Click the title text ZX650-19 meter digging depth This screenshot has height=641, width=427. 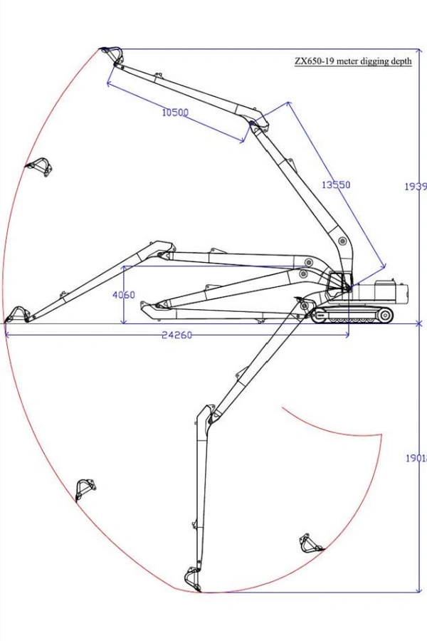(x=353, y=61)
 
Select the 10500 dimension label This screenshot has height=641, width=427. (x=174, y=112)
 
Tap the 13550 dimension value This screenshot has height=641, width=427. (x=336, y=184)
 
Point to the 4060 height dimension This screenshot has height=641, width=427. (x=123, y=295)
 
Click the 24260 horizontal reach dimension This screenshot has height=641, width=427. (x=176, y=335)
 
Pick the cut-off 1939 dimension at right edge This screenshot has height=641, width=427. (x=416, y=186)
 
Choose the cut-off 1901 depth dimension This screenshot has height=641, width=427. (x=416, y=459)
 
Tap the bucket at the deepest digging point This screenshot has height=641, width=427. (x=192, y=578)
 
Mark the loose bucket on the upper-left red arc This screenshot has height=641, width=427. (x=40, y=167)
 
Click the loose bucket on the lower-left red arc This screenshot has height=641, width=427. (x=85, y=489)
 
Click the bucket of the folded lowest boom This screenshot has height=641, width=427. (x=151, y=308)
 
